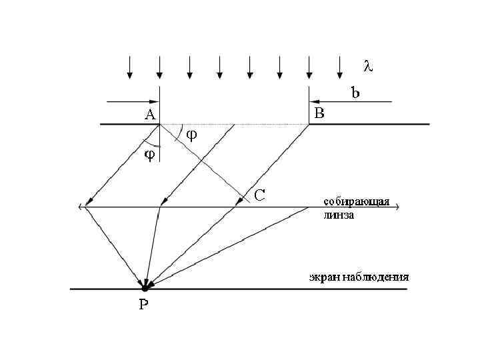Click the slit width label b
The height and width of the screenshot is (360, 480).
click(356, 93)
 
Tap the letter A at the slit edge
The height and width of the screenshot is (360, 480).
click(150, 114)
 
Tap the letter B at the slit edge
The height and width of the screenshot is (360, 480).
click(319, 114)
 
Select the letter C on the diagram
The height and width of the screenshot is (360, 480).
click(260, 195)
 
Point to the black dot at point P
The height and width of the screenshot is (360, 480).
click(145, 288)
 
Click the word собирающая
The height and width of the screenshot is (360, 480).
click(356, 202)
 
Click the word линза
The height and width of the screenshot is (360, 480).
click(340, 215)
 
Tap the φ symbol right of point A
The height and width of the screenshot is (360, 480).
click(191, 135)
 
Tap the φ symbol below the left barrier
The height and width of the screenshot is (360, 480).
click(150, 155)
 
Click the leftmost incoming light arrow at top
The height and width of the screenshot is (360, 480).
click(130, 66)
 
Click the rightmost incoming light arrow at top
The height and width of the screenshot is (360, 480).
click(340, 66)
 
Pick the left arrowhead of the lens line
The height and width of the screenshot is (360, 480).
click(82, 207)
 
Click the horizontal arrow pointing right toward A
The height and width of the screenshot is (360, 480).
click(132, 102)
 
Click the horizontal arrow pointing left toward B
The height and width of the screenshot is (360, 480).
click(350, 102)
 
